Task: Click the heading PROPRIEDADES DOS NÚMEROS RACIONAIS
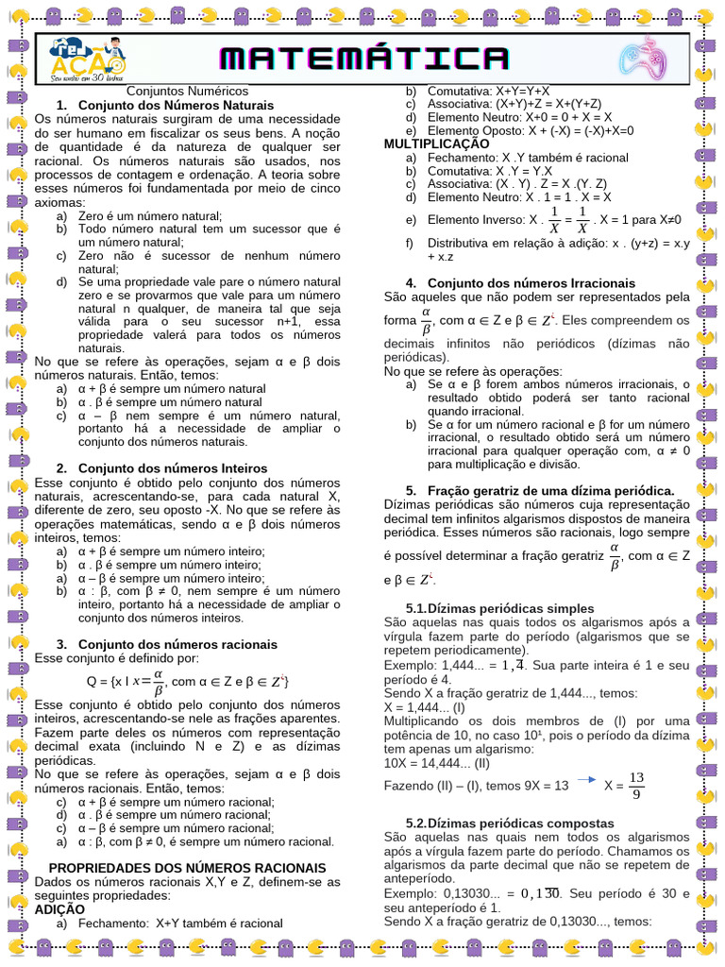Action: pyautogui.click(x=187, y=867)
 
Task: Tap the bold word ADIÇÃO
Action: pyautogui.click(x=59, y=908)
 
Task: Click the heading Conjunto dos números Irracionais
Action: pyautogui.click(x=531, y=282)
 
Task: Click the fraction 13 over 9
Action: pyautogui.click(x=636, y=786)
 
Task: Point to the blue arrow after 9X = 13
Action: pyautogui.click(x=586, y=780)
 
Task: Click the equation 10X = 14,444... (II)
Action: pyautogui.click(x=438, y=762)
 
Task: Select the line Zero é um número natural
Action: pyautogui.click(x=150, y=215)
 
